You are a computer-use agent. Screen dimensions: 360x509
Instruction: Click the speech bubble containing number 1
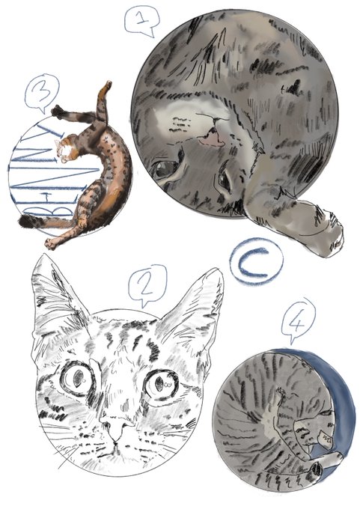[x=142, y=20]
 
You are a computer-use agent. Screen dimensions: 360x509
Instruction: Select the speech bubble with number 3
[x=42, y=93]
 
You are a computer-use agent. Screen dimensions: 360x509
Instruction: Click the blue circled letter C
[x=256, y=262]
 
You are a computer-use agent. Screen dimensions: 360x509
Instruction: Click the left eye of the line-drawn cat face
[x=77, y=379]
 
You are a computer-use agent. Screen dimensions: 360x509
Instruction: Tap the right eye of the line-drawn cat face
[x=161, y=384]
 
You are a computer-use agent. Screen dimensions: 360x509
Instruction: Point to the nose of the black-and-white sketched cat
[x=116, y=429]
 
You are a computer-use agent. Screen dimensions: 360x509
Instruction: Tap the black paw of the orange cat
[x=58, y=112]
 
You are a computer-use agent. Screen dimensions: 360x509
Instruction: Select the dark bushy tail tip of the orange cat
[x=25, y=222]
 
